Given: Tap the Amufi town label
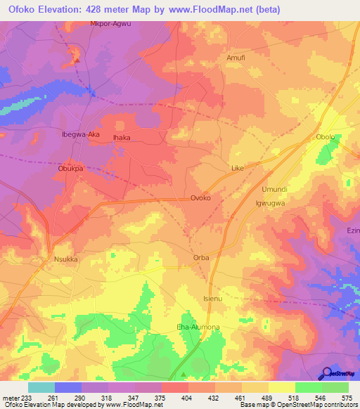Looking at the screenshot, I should (x=236, y=58).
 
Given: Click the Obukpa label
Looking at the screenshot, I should (x=70, y=169).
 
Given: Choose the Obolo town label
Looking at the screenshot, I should (x=326, y=137).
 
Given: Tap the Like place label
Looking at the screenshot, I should (x=238, y=169).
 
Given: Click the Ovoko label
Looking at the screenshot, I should (x=201, y=198).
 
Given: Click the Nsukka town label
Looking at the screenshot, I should (x=65, y=259).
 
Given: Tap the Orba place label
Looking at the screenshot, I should (x=201, y=258).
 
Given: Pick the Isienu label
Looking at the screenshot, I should (x=212, y=299).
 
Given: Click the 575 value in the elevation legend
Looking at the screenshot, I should (x=347, y=397).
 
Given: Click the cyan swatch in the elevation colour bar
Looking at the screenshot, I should (x=41, y=387).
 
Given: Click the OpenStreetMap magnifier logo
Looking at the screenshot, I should (x=326, y=372).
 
